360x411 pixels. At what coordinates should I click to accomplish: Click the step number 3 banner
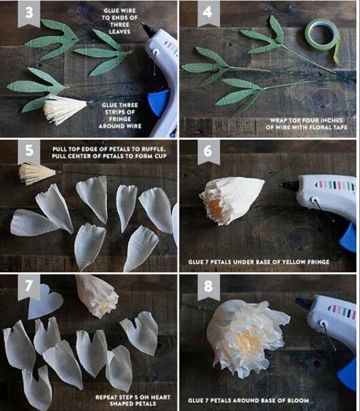click(29, 13)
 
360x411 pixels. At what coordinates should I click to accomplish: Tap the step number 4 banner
click(209, 13)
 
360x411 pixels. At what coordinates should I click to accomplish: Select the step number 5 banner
click(29, 152)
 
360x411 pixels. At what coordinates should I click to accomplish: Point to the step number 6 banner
click(209, 152)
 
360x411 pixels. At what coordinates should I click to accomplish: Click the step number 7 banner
click(29, 286)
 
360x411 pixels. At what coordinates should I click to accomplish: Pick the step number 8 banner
click(209, 286)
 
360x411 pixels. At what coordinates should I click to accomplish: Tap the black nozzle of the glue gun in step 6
click(289, 186)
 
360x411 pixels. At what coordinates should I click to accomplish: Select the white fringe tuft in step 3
click(64, 109)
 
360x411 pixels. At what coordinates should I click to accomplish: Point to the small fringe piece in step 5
click(36, 173)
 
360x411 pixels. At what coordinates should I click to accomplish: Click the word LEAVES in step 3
click(120, 31)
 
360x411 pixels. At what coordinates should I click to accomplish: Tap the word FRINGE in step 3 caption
click(120, 119)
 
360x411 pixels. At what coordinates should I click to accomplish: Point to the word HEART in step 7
click(161, 397)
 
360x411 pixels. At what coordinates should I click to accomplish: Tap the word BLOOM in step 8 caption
click(298, 400)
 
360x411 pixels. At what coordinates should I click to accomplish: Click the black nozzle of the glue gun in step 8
click(304, 302)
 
